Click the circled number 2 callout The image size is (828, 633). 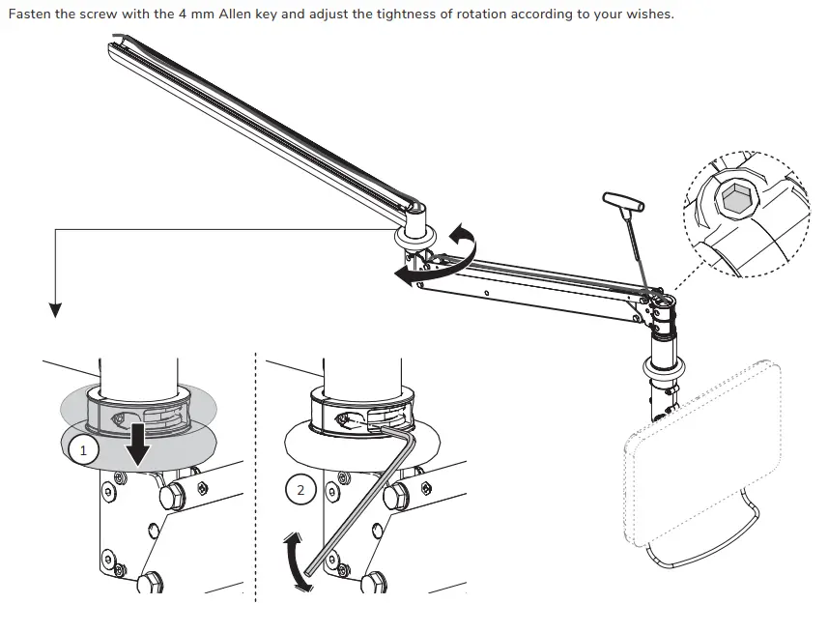tap(300, 491)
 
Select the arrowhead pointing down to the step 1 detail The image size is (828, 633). tap(55, 309)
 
